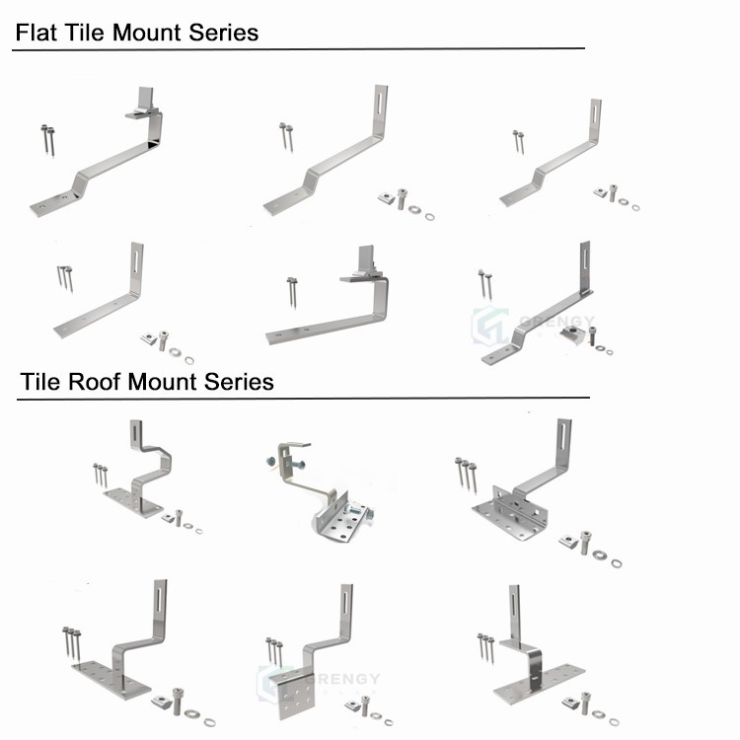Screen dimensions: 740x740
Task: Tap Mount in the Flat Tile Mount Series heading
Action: (149, 33)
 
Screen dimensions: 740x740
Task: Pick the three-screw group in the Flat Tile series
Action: (65, 277)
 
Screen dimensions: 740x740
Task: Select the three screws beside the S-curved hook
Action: (100, 474)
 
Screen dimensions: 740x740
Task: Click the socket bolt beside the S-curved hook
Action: (179, 517)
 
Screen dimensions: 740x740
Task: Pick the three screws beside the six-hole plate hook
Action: (274, 651)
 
